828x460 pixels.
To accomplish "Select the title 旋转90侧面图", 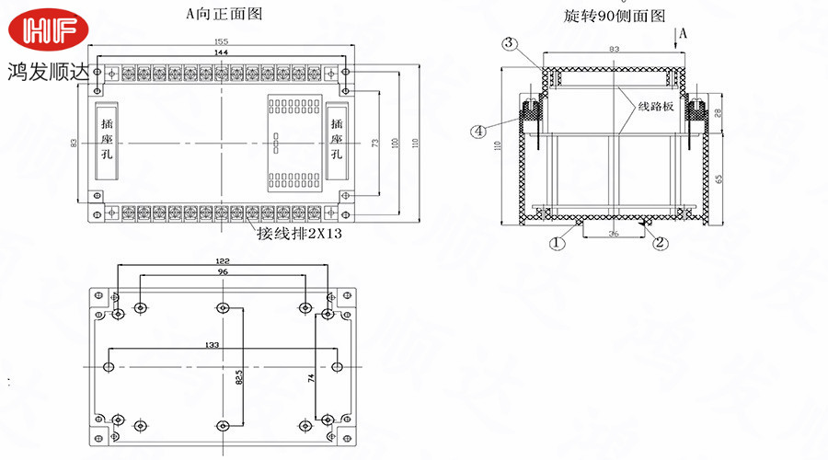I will click(x=614, y=16).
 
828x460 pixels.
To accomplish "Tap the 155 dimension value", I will click(x=221, y=42).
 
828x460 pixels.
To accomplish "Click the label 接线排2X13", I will click(x=299, y=234).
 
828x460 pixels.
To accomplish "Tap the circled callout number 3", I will click(x=511, y=43).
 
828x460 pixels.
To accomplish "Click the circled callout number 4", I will click(x=479, y=132).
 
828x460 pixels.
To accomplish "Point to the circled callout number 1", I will click(x=557, y=243).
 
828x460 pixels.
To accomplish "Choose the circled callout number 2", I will click(x=659, y=243).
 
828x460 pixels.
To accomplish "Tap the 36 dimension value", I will click(x=613, y=234).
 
